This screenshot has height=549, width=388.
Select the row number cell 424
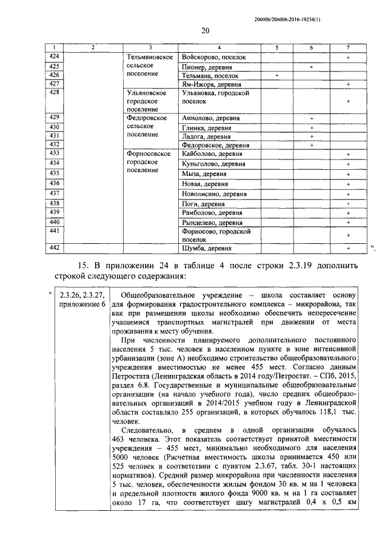[55, 56]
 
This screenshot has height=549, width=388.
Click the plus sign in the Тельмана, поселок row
[276, 76]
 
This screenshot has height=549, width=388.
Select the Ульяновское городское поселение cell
[145, 101]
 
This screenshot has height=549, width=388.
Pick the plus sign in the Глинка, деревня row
[311, 128]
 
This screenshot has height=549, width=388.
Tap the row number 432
[55, 145]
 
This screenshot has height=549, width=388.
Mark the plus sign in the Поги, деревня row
[349, 204]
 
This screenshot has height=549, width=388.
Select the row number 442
[55, 248]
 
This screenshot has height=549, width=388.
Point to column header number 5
[276, 47]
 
